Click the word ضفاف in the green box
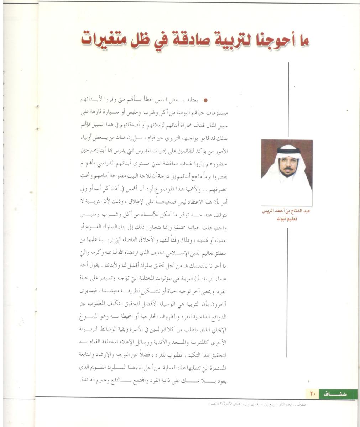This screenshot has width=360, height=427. click(335, 394)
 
